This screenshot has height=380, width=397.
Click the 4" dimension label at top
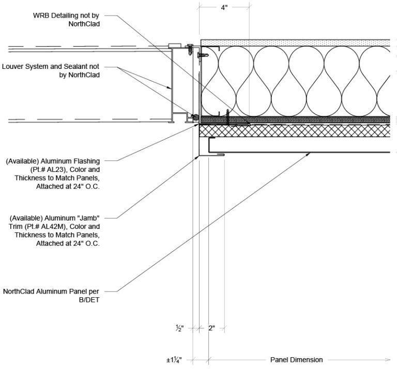(224, 8)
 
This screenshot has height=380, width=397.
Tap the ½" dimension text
(179, 328)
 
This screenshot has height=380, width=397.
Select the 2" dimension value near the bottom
(211, 328)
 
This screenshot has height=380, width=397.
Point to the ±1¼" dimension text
(174, 360)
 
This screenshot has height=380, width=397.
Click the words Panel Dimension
(297, 360)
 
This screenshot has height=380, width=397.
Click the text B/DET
(89, 300)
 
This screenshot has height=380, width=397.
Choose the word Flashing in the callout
(87, 161)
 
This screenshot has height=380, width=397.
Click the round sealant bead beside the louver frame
(195, 118)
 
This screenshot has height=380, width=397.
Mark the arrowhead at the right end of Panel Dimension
(387, 359)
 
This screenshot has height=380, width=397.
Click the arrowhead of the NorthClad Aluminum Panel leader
(308, 154)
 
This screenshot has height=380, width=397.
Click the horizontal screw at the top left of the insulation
(203, 55)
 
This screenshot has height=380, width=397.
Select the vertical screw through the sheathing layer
(227, 117)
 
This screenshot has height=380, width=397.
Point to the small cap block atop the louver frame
(175, 46)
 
